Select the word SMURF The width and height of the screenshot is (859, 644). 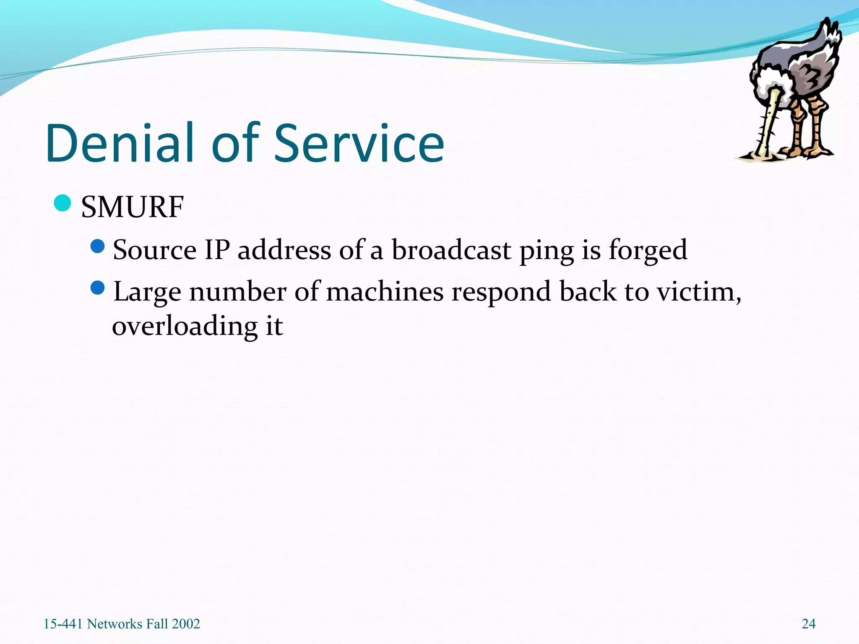point(132,207)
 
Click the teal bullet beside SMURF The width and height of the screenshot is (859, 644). point(62,203)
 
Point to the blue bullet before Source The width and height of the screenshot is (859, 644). point(97,247)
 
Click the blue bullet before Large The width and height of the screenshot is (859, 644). point(97,288)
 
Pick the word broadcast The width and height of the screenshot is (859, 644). point(451,250)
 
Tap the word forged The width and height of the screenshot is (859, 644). point(648,251)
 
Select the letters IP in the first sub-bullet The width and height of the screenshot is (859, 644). point(217,250)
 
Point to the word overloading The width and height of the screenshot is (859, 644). point(185,327)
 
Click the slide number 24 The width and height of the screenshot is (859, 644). point(808,624)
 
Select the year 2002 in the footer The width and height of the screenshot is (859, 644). point(186,624)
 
